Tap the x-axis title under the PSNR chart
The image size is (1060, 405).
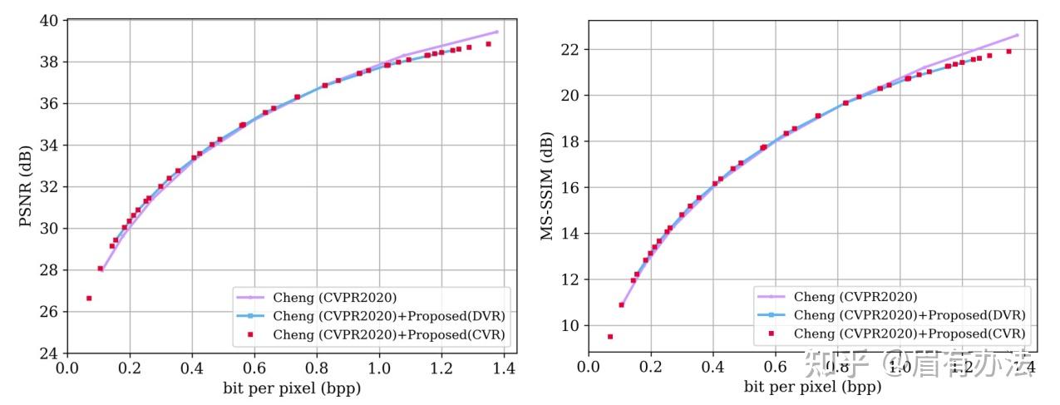click(292, 388)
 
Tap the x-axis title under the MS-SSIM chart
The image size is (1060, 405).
click(812, 388)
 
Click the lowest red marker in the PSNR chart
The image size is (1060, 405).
click(89, 298)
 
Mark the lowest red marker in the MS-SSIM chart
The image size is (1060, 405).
click(610, 337)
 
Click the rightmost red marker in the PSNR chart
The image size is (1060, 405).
click(489, 44)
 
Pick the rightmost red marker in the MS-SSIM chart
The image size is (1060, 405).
click(1008, 52)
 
